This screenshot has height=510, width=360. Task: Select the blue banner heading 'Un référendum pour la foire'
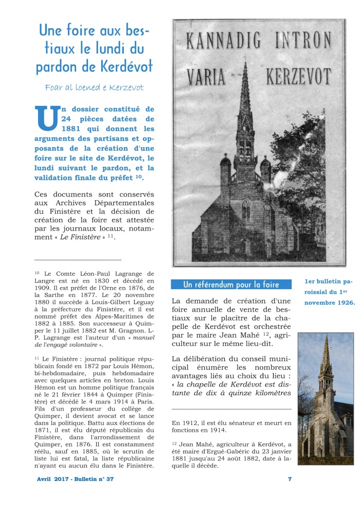click(231, 285)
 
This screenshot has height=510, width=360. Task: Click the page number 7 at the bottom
click(290, 479)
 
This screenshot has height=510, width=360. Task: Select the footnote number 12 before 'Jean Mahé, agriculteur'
click(175, 443)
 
